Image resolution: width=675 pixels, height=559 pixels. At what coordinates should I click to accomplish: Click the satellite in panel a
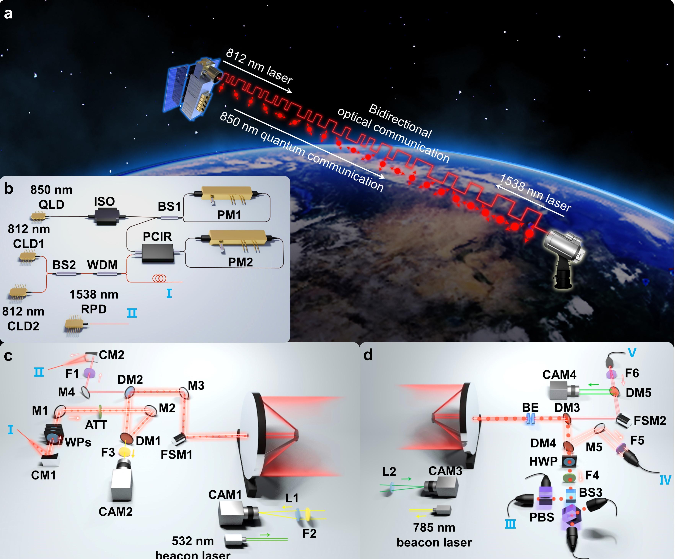coord(191,88)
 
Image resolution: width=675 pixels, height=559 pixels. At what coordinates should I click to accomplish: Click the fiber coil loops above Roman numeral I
coord(159,278)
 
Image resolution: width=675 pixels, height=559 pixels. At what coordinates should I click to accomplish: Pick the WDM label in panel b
coord(102,265)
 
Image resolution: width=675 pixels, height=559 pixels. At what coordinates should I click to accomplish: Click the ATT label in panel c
coord(96,425)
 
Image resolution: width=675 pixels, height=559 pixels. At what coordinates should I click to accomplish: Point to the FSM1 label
coord(177,454)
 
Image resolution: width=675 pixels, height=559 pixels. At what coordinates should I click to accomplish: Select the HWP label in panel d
coord(543,461)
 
